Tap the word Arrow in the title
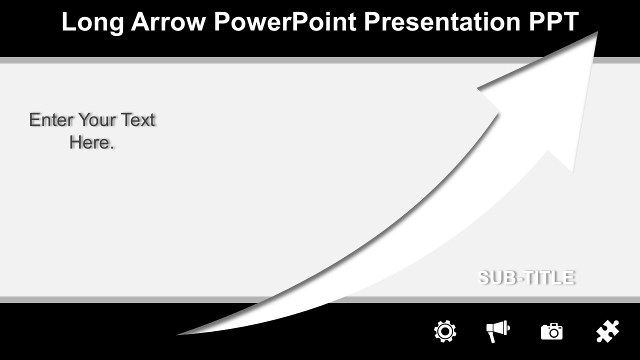pos(168,21)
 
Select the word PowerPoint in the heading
pos(285,21)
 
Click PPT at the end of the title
pos(553,21)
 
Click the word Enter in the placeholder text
pos(51,119)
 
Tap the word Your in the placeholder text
pos(97,119)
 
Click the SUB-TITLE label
pos(526,277)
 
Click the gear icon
pos(445,331)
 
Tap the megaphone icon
pos(498,331)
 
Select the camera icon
pos(551,331)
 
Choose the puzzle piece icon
pos(607,331)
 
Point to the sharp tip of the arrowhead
pos(597,32)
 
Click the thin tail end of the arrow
pos(177,334)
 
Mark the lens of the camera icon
pos(554,333)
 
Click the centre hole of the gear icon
pos(445,331)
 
